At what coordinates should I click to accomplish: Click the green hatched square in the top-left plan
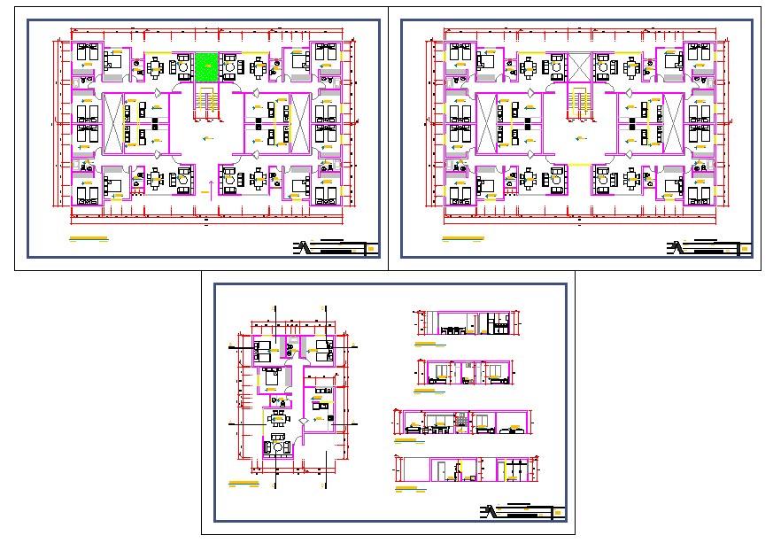coord(206,66)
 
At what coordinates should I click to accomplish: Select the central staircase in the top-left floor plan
coord(207,101)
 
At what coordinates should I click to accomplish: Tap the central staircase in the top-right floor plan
coord(579,101)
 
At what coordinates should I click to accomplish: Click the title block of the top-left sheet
coord(335,247)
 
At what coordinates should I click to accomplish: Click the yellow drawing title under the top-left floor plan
coord(89,240)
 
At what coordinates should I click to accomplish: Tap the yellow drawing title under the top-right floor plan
coord(462,240)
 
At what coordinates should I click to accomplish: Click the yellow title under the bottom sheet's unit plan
coord(243,484)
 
